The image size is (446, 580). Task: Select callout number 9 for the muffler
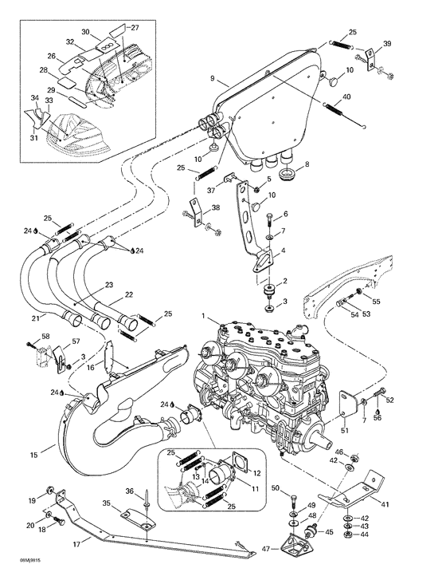click(x=213, y=79)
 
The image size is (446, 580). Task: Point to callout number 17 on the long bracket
click(x=76, y=545)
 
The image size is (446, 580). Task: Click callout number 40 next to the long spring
click(x=346, y=97)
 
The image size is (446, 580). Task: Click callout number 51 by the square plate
click(x=346, y=431)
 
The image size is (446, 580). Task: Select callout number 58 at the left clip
click(x=45, y=337)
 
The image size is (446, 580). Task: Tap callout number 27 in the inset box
click(x=134, y=27)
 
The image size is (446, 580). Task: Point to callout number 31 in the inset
click(x=33, y=138)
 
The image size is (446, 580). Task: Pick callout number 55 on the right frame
click(x=377, y=302)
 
